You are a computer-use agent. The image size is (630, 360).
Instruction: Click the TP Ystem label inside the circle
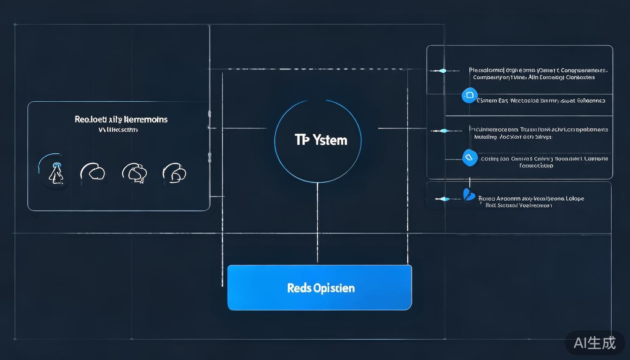pyautogui.click(x=321, y=140)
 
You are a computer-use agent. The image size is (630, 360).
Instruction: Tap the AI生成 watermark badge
pyautogui.click(x=595, y=343)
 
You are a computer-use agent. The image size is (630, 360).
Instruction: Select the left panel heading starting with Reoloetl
pyautogui.click(x=121, y=119)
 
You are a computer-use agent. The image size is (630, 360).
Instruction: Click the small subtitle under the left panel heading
pyautogui.click(x=118, y=130)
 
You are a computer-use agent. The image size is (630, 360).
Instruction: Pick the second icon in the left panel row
pyautogui.click(x=92, y=172)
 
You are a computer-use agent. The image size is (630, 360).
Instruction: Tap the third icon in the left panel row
pyautogui.click(x=135, y=172)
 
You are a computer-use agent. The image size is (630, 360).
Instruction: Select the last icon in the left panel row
pyautogui.click(x=174, y=172)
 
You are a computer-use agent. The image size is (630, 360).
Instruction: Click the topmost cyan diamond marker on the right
pyautogui.click(x=442, y=71)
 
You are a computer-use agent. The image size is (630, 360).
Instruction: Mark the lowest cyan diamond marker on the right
pyautogui.click(x=444, y=199)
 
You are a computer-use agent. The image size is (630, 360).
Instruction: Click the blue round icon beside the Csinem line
pyautogui.click(x=469, y=95)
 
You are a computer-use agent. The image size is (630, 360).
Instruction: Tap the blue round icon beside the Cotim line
pyautogui.click(x=469, y=157)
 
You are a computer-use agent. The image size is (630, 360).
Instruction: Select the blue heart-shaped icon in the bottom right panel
pyautogui.click(x=469, y=195)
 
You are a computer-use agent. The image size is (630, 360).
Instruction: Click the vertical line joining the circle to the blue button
pyautogui.click(x=317, y=223)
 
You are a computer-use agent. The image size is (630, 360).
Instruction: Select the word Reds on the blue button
pyautogui.click(x=297, y=288)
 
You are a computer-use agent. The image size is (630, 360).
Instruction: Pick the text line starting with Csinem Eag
pyautogui.click(x=540, y=100)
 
